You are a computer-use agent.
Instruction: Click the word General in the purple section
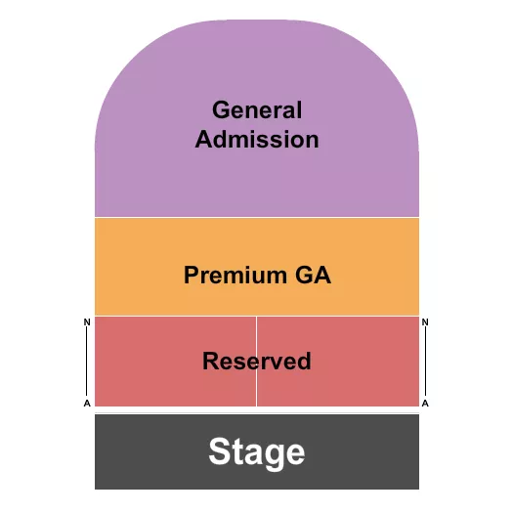[x=257, y=110]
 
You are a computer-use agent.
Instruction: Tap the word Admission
[x=257, y=140]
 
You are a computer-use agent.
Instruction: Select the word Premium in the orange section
[x=231, y=276]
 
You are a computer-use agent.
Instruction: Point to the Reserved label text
[x=257, y=361]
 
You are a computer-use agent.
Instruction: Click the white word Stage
[x=257, y=452]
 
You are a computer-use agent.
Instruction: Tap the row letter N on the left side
[x=87, y=321]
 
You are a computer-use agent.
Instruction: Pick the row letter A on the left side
[x=87, y=403]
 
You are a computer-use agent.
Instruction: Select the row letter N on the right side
[x=426, y=321]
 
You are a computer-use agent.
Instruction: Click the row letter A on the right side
[x=426, y=403]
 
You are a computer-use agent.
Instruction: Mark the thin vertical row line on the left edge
[x=88, y=362]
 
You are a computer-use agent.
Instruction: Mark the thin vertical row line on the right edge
[x=426, y=362]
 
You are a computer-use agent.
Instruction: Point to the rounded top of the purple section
[x=257, y=39]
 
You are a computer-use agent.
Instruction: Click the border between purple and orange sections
[x=257, y=217]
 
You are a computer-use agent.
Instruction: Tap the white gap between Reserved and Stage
[x=257, y=410]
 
